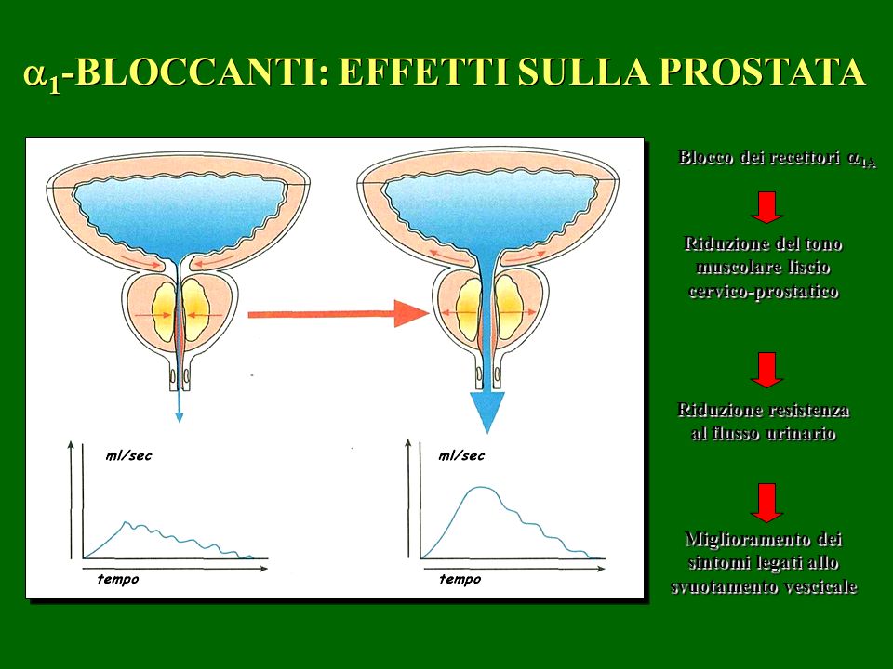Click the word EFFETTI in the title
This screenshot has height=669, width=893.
424,72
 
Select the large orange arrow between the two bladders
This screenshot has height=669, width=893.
339,313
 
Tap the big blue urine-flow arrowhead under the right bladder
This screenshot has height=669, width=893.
487,412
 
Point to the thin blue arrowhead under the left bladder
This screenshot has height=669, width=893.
180,417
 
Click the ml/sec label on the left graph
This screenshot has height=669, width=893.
128,455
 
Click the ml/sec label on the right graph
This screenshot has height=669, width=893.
461,455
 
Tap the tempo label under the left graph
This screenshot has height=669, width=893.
118,579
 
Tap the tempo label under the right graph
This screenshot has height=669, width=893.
460,579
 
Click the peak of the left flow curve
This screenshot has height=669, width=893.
126,521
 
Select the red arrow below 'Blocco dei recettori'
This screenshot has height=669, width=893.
766,207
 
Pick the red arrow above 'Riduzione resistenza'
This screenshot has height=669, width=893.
766,370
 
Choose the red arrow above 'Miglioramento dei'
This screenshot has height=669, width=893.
766,503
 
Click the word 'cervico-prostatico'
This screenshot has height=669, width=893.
763,291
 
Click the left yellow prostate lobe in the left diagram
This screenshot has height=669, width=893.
164,312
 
